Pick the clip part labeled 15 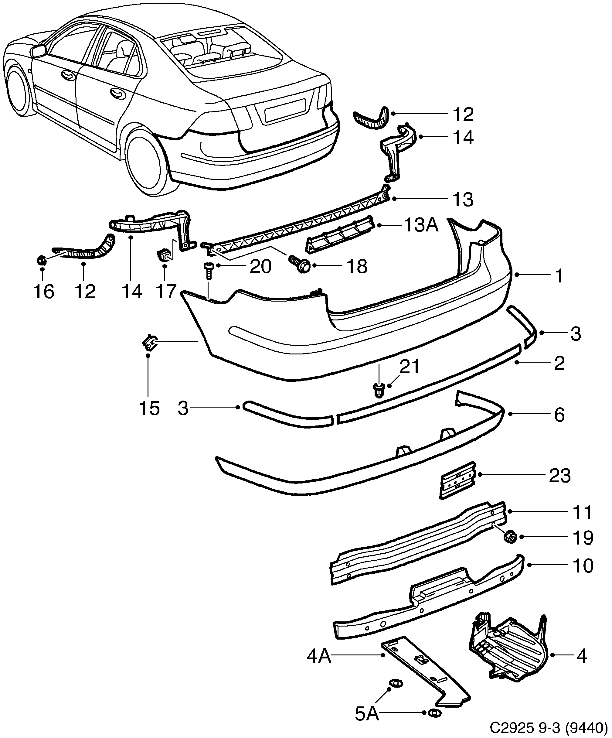(x=149, y=343)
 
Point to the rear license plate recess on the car (x=285, y=110)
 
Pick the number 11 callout (x=582, y=512)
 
